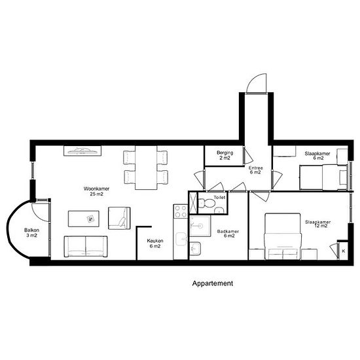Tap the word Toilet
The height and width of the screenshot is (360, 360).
tap(219, 197)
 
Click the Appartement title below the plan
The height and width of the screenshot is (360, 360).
tap(213, 283)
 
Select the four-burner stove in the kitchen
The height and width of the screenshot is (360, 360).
tap(181, 211)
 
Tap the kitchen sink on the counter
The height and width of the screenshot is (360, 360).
tap(181, 239)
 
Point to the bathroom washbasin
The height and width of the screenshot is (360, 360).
tap(195, 248)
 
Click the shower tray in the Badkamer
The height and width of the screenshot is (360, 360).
tap(200, 226)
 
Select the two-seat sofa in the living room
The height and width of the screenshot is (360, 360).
tap(86, 247)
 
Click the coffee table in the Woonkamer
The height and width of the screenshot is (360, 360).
tap(84, 219)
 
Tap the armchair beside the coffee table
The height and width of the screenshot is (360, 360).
tap(119, 218)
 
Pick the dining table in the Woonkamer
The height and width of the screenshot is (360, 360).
tap(146, 168)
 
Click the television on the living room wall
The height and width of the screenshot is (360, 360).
tap(82, 151)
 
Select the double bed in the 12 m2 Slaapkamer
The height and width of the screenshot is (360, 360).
tap(283, 236)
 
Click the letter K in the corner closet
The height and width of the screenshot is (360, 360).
tap(344, 251)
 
